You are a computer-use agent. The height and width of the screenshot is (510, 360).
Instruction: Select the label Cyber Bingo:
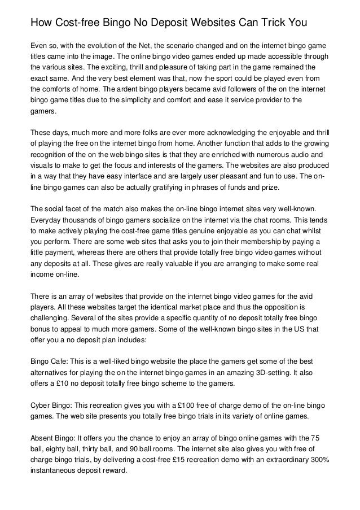(52, 405)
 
